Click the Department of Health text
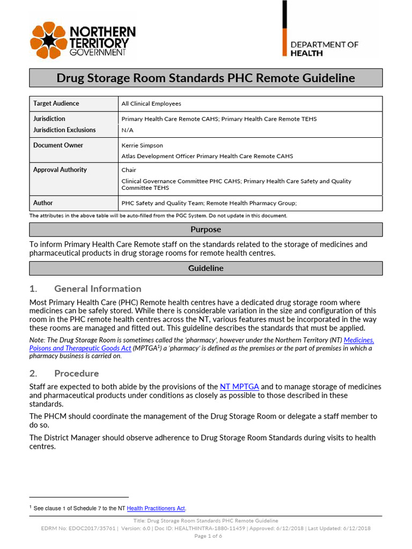(x=324, y=49)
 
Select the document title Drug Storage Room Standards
(x=205, y=78)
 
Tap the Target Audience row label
(x=56, y=103)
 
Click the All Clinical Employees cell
(x=151, y=103)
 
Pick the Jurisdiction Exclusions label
(x=64, y=130)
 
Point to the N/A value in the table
(x=127, y=130)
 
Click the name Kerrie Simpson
(x=143, y=145)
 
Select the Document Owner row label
(x=58, y=145)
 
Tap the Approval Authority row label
(x=60, y=170)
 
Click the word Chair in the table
(x=129, y=170)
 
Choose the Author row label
(x=43, y=203)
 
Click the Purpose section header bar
(x=205, y=229)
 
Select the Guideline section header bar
(x=205, y=268)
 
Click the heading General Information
(x=98, y=288)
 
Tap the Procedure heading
(x=76, y=373)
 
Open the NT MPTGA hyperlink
(x=239, y=387)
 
